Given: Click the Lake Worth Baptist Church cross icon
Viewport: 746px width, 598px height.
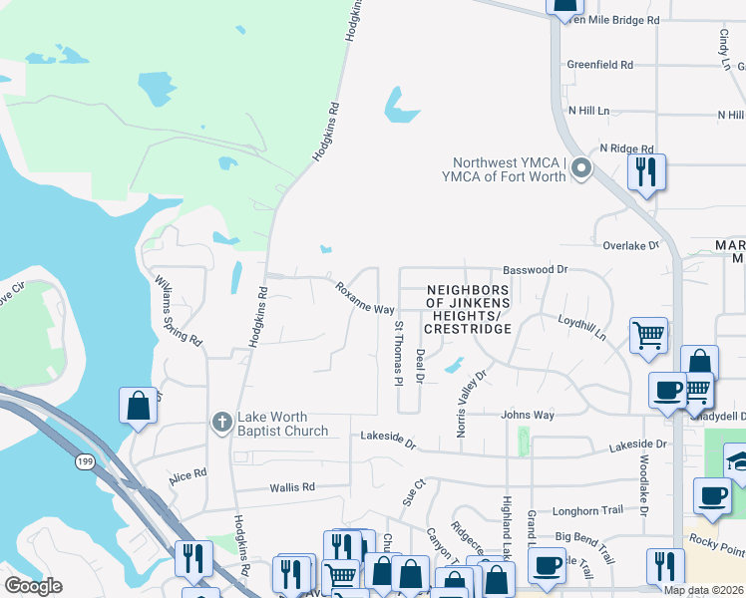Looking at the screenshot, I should [224, 422].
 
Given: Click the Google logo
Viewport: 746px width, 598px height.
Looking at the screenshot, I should [33, 585].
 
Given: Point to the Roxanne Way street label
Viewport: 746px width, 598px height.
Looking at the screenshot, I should [365, 299].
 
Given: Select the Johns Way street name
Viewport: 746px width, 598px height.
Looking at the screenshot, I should [528, 415].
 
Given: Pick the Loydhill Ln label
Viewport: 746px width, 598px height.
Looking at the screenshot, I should [582, 330].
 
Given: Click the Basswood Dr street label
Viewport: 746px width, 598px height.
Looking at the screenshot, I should [535, 270].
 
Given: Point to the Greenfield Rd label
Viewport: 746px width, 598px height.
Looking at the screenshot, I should [600, 65].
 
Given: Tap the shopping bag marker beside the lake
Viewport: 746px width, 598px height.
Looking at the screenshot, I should [138, 406].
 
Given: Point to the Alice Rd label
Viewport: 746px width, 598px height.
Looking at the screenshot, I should [187, 476].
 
